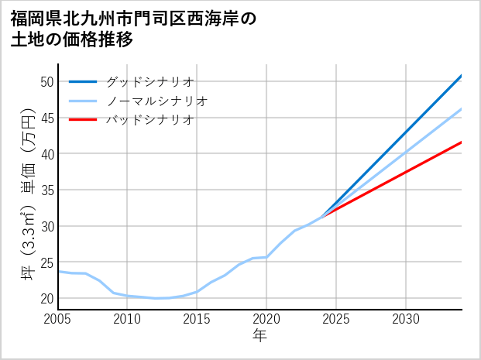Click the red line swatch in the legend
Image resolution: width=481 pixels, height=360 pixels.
[83, 119]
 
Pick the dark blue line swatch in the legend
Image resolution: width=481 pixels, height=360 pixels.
[83, 81]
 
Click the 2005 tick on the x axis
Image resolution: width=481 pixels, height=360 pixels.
[58, 319]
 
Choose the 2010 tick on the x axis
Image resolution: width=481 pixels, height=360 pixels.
[127, 319]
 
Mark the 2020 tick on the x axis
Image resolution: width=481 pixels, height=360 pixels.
[266, 319]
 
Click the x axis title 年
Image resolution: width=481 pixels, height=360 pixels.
[260, 336]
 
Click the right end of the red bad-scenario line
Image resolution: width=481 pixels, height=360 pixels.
[462, 142]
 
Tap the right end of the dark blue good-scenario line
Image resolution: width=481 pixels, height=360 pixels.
[462, 75]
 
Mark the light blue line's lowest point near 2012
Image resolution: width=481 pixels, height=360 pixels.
[156, 298]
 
